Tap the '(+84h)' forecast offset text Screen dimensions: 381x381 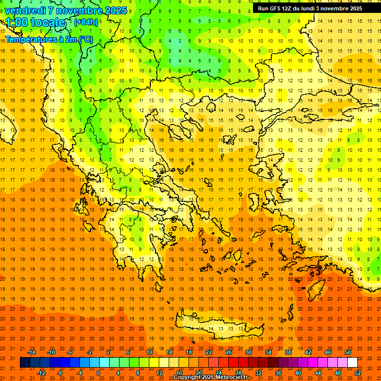(86, 22)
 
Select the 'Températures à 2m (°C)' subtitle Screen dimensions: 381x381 (49, 39)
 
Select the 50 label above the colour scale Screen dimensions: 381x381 (347, 352)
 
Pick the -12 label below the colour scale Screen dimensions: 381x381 (41, 373)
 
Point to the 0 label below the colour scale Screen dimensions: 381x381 (98, 373)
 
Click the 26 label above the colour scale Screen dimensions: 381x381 (229, 352)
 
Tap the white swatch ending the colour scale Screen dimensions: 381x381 (352, 363)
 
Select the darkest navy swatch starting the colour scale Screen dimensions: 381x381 (25, 363)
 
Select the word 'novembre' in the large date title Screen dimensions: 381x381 (81, 10)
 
